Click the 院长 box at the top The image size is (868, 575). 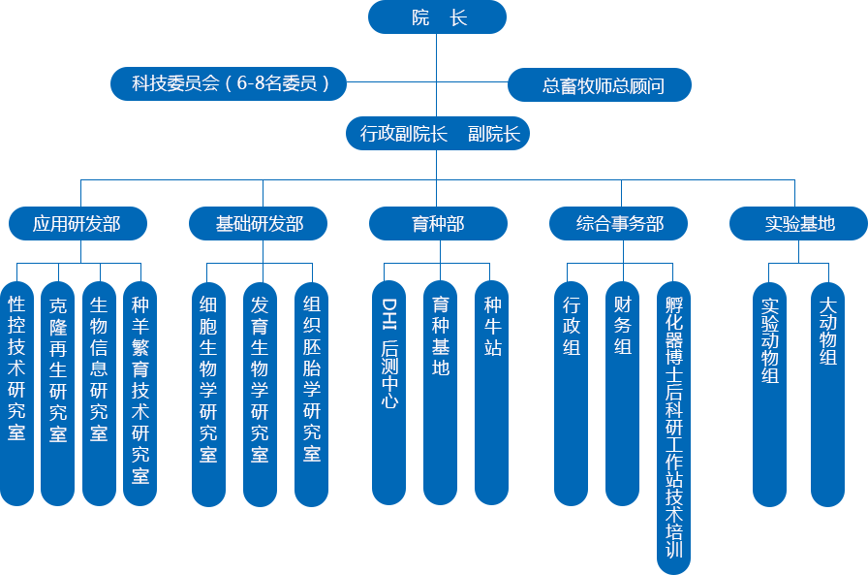point(438,17)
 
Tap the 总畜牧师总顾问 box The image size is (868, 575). point(601,85)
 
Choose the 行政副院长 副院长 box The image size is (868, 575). point(439,134)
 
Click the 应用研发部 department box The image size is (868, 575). point(77,224)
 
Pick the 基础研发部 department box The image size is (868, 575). point(260,224)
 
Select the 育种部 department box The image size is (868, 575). point(438,224)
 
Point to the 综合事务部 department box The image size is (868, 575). point(620,224)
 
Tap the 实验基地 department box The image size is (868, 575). point(799,224)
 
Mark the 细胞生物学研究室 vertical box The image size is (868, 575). point(208,388)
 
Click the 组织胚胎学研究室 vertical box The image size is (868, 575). point(311,388)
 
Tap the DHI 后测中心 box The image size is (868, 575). point(388,388)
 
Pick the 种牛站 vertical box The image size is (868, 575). point(492,388)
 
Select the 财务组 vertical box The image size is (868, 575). point(622,388)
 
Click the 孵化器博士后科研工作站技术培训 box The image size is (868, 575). point(674,427)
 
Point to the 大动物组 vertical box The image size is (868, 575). point(827,388)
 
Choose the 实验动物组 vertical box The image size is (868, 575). point(769,388)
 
